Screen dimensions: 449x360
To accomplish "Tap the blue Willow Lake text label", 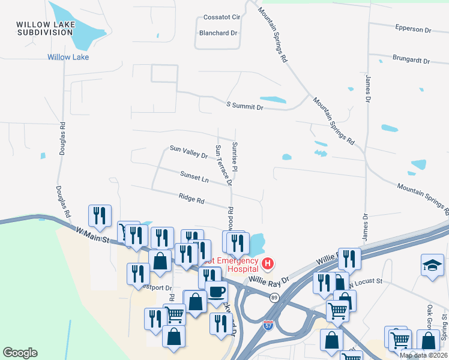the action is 68,57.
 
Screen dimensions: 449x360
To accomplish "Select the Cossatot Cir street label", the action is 221,19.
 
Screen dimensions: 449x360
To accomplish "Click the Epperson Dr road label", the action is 413,29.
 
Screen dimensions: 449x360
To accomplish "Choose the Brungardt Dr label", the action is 411,61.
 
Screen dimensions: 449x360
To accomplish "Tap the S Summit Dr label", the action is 245,106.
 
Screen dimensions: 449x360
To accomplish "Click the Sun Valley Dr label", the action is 188,151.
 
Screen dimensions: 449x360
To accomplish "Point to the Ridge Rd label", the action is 191,197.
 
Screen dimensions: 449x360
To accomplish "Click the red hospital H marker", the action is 268,263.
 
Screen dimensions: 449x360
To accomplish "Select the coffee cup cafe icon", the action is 217,292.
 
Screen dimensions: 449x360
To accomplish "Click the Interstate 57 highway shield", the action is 268,325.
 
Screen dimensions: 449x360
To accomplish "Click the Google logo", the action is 20,353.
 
